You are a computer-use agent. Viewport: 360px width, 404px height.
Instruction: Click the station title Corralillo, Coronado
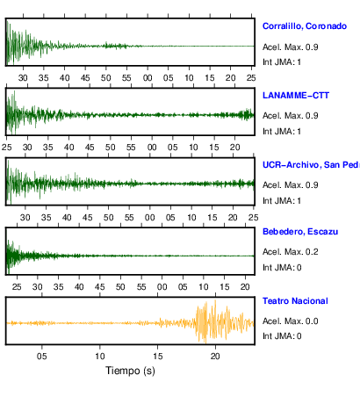[305, 26]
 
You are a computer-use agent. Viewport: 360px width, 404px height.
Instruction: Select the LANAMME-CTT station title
[296, 96]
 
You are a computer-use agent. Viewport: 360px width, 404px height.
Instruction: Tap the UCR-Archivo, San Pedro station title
[311, 165]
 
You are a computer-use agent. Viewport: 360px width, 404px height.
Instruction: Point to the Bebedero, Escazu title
[300, 232]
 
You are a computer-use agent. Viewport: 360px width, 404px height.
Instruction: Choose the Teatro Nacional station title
[295, 301]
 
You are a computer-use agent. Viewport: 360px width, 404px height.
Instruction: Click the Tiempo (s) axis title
[130, 371]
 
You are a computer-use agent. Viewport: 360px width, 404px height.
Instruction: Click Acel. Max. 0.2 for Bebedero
[291, 252]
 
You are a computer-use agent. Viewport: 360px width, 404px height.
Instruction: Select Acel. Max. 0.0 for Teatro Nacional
[291, 321]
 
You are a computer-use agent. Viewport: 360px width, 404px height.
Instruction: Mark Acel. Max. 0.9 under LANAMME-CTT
[291, 116]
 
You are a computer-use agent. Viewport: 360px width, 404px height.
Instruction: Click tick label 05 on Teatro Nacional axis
[42, 357]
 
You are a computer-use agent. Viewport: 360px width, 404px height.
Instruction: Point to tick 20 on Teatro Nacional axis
[215, 357]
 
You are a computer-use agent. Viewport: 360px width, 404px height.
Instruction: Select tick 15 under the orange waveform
[158, 357]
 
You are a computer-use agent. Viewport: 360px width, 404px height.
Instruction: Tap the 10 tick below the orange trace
[100, 357]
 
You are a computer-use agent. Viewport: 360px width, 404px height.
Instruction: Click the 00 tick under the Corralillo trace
[148, 78]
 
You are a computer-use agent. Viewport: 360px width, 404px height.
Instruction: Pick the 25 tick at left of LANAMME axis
[6, 147]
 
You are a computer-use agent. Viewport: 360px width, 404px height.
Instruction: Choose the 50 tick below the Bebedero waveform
[120, 286]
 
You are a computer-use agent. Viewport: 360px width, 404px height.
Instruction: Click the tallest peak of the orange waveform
[215, 301]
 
